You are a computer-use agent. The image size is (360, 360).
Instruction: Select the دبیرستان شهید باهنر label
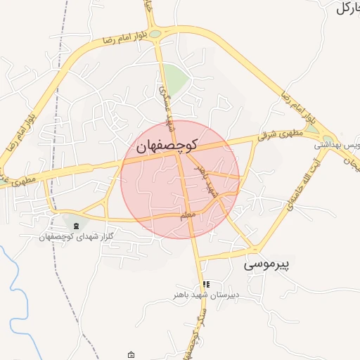click(x=207, y=295)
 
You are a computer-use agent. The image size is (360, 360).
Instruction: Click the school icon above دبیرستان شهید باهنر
click(x=206, y=284)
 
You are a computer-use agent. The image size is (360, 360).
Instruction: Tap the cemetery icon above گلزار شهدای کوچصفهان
click(x=75, y=226)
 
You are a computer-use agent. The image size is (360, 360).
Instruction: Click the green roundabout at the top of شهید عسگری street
click(x=154, y=33)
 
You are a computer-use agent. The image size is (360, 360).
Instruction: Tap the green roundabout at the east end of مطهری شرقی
click(x=328, y=137)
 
